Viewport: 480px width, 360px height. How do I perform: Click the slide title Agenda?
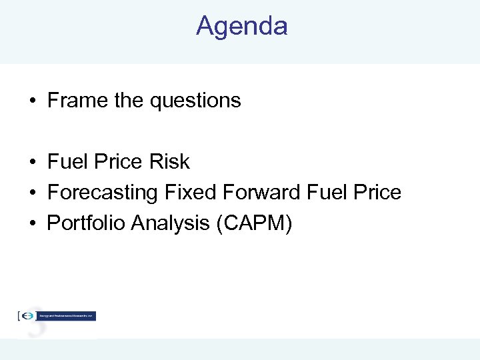(x=241, y=27)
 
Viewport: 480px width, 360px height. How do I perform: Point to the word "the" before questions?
(x=129, y=101)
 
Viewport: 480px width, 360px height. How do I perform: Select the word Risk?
(x=170, y=162)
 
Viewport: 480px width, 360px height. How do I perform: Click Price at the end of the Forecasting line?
(x=379, y=193)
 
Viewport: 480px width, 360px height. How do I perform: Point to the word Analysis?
(x=171, y=224)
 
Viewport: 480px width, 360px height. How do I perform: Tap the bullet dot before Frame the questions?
(x=32, y=101)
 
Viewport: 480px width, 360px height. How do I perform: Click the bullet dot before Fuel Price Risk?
(x=32, y=163)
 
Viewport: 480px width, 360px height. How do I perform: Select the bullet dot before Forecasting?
(x=32, y=193)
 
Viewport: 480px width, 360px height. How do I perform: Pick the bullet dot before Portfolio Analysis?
(x=32, y=224)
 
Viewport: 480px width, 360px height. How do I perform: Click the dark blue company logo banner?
(x=65, y=316)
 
